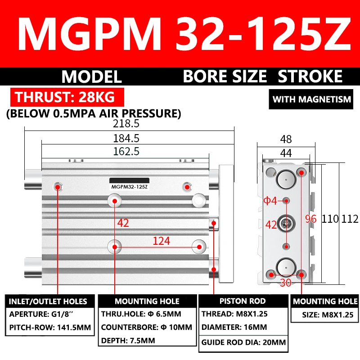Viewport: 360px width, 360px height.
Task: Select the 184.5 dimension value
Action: click(129, 138)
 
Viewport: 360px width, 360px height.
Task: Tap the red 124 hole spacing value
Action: click(161, 241)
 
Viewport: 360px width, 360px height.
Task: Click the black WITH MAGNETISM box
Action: click(312, 99)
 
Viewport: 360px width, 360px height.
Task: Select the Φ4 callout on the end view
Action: click(270, 200)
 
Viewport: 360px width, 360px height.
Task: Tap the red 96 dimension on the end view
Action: click(311, 219)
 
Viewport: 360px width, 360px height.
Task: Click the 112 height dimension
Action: click(350, 219)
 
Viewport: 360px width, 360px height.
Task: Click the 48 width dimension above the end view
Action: click(286, 139)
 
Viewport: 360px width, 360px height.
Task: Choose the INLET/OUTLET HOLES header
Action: click(49, 301)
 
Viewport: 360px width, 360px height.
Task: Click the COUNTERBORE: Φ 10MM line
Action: click(146, 327)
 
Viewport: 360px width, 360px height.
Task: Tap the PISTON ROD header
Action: click(243, 301)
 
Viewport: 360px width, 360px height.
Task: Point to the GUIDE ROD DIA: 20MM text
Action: click(243, 343)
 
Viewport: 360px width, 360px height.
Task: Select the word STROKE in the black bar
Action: click(310, 76)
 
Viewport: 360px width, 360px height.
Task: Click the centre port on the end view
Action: click(286, 222)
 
